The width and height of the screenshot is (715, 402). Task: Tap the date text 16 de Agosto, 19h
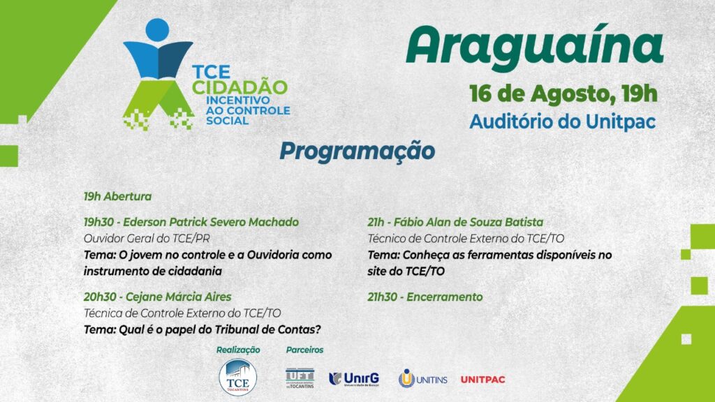pyautogui.click(x=563, y=95)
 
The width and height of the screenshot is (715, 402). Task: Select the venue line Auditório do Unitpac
pyautogui.click(x=563, y=121)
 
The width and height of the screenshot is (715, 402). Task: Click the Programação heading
pyautogui.click(x=357, y=151)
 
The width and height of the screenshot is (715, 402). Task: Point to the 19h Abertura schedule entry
pyautogui.click(x=117, y=196)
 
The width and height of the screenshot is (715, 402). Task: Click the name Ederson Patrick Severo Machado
pyautogui.click(x=211, y=223)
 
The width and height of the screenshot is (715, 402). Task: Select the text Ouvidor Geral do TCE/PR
pyautogui.click(x=147, y=239)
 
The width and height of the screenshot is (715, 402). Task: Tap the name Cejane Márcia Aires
pyautogui.click(x=178, y=297)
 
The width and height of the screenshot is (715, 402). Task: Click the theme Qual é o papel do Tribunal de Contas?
pyautogui.click(x=220, y=329)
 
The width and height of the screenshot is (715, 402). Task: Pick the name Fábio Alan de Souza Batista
pyautogui.click(x=469, y=223)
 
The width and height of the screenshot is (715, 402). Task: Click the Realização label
pyautogui.click(x=238, y=350)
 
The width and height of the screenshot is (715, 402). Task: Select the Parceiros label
pyautogui.click(x=304, y=350)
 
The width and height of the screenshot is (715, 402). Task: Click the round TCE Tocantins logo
pyautogui.click(x=237, y=378)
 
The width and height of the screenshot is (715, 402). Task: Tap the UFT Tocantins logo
pyautogui.click(x=300, y=378)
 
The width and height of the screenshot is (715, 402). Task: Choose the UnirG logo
pyautogui.click(x=354, y=379)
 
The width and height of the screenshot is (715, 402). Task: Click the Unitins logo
pyautogui.click(x=422, y=379)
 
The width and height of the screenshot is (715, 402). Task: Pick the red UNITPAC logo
pyautogui.click(x=483, y=380)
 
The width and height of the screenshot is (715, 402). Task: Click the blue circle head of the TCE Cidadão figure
pyautogui.click(x=157, y=30)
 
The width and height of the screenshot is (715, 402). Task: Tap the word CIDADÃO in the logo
pyautogui.click(x=239, y=87)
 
